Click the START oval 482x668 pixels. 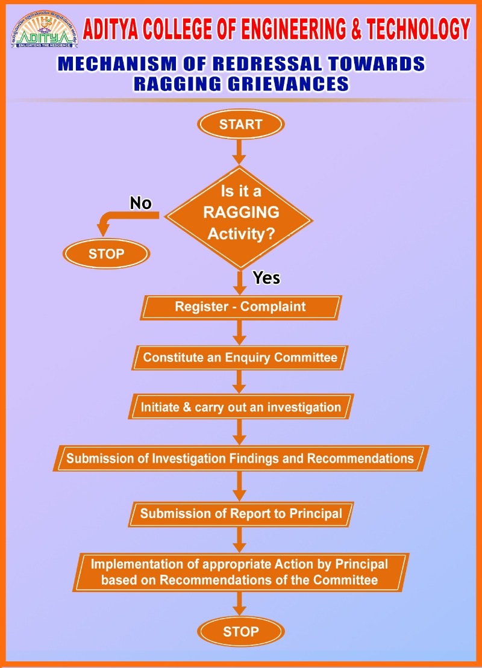pyautogui.click(x=240, y=125)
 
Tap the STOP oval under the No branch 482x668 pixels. pyautogui.click(x=106, y=254)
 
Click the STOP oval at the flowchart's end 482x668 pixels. pyautogui.click(x=240, y=631)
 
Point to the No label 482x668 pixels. pyautogui.click(x=140, y=204)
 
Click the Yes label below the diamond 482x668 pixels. pyautogui.click(x=266, y=278)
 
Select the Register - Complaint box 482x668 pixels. pyautogui.click(x=240, y=307)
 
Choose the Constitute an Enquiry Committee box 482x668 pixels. pyautogui.click(x=240, y=358)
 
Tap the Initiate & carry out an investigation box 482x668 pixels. pyautogui.click(x=240, y=407)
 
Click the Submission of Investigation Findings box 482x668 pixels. pyautogui.click(x=240, y=458)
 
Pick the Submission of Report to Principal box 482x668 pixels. pyautogui.click(x=240, y=514)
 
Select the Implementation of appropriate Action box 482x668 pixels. pyautogui.click(x=240, y=572)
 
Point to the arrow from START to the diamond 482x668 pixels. pyautogui.click(x=240, y=151)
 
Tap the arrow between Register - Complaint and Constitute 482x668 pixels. pyautogui.click(x=240, y=332)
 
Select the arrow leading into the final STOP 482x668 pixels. pyautogui.click(x=240, y=604)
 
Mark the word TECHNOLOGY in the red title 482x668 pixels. pyautogui.click(x=413, y=28)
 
